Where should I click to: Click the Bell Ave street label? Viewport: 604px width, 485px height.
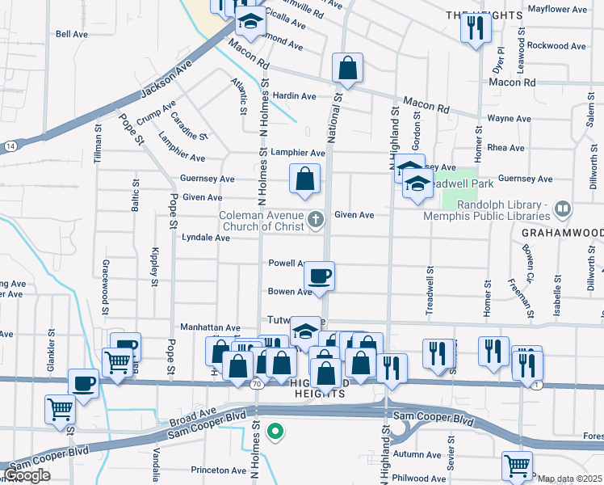click(71, 34)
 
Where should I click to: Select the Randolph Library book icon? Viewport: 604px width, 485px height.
click(563, 209)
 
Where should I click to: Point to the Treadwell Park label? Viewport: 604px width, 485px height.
click(449, 184)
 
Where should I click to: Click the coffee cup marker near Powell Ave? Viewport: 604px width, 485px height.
click(320, 276)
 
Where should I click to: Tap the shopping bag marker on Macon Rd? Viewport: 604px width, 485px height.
click(347, 70)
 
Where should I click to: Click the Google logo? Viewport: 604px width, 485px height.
click(27, 475)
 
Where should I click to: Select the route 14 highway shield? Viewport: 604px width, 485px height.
click(9, 145)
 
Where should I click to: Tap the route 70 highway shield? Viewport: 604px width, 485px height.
click(256, 385)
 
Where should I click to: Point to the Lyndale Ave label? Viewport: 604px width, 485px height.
click(206, 238)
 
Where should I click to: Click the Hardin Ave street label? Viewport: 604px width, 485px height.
click(294, 96)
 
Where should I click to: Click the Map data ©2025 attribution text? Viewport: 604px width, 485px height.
click(568, 479)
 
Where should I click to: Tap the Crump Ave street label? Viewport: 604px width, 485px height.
click(156, 114)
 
